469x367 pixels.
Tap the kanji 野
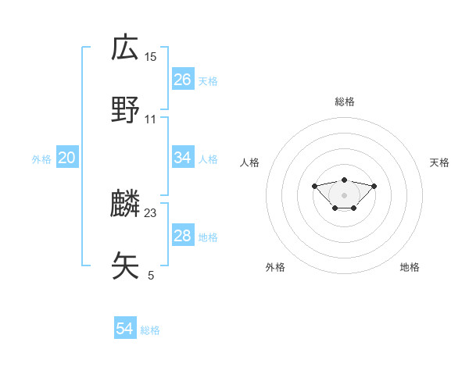pyautogui.click(x=125, y=110)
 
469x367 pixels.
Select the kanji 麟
pyautogui.click(x=125, y=204)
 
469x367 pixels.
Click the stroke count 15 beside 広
pyautogui.click(x=151, y=56)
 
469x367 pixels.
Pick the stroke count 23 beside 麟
pyautogui.click(x=151, y=212)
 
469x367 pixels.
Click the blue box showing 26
pyautogui.click(x=183, y=80)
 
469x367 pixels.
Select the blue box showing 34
pyautogui.click(x=183, y=158)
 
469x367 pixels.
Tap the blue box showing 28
pyautogui.click(x=183, y=236)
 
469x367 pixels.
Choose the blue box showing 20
pyautogui.click(x=67, y=158)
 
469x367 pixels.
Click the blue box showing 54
pyautogui.click(x=125, y=329)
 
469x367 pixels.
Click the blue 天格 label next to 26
pyautogui.click(x=208, y=80)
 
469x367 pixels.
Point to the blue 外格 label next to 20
pyautogui.click(x=41, y=159)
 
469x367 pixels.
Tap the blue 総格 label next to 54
pyautogui.click(x=150, y=330)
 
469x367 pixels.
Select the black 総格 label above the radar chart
pyautogui.click(x=345, y=102)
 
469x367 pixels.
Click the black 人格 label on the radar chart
pyautogui.click(x=250, y=162)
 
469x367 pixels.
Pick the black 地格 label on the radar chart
pyautogui.click(x=410, y=267)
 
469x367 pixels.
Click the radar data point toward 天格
pyautogui.click(x=374, y=186)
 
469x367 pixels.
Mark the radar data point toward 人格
pyautogui.click(x=314, y=186)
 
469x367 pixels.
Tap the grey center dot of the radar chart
pyautogui.click(x=344, y=195)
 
